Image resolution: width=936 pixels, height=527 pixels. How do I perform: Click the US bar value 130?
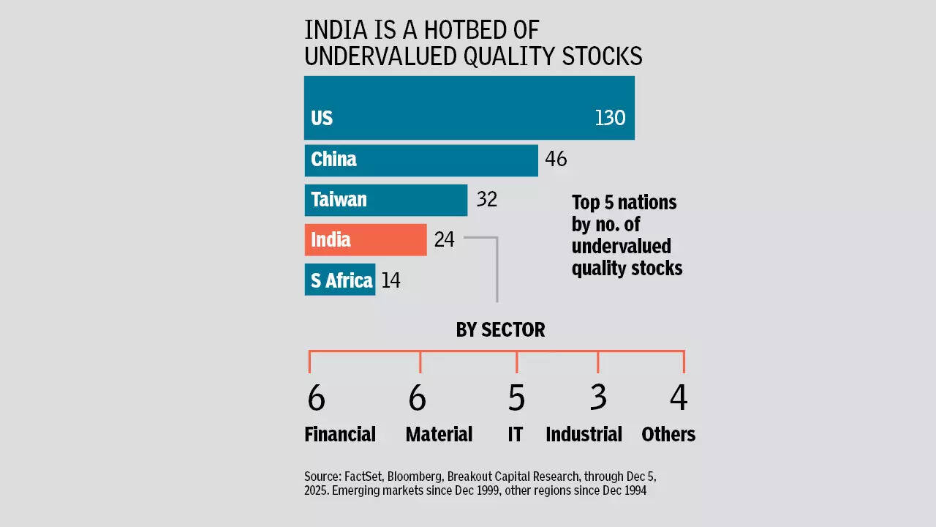tap(610, 118)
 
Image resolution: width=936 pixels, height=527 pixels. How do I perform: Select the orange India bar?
tap(366, 239)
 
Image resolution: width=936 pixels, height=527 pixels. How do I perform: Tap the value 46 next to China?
tap(556, 159)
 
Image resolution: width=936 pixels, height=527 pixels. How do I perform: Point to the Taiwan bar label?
tap(339, 199)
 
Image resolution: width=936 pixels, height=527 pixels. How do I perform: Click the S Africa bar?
tap(340, 280)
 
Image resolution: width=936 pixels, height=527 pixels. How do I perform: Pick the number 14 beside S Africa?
tap(390, 280)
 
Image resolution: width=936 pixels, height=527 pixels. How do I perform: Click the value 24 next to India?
tap(444, 239)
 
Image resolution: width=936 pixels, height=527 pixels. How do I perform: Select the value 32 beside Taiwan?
tap(486, 199)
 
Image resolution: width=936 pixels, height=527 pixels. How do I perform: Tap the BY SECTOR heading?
tap(500, 330)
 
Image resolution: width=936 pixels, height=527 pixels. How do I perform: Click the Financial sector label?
tap(340, 434)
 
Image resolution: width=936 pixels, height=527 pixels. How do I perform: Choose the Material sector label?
tap(439, 434)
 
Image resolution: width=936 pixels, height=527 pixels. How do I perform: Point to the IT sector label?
tap(516, 434)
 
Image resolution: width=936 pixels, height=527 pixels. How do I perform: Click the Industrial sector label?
tap(584, 434)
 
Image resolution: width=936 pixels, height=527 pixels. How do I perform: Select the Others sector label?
tap(668, 434)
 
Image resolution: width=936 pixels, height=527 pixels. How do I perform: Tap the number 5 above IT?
tap(516, 398)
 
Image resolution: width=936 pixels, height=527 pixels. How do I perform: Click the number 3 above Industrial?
tap(598, 398)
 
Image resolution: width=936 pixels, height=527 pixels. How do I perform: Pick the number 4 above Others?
tap(679, 398)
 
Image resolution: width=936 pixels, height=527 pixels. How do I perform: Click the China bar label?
tap(333, 159)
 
